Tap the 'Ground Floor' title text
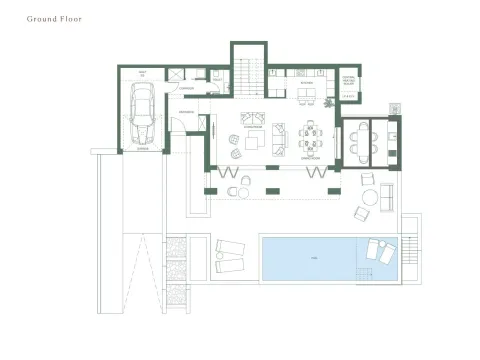[55, 19]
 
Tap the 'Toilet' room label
[143, 74]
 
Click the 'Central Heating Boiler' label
[348, 82]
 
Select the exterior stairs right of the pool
[413, 247]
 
